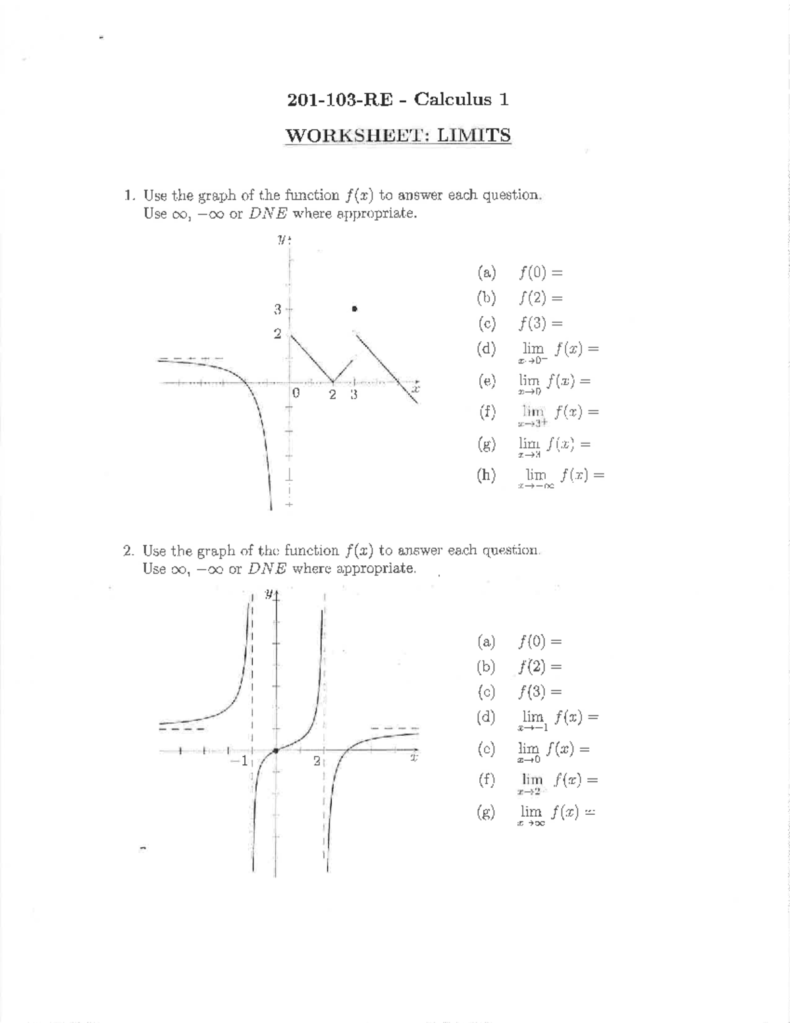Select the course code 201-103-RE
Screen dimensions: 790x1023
(x=340, y=100)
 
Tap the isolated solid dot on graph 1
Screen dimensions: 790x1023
(x=354, y=308)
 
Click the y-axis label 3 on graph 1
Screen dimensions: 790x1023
(x=277, y=309)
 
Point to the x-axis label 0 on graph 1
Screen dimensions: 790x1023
(x=296, y=394)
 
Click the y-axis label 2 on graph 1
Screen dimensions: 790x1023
(x=277, y=334)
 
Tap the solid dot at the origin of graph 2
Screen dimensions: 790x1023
(x=276, y=750)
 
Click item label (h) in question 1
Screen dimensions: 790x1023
(x=487, y=475)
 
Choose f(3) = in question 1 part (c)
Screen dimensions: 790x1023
(x=541, y=323)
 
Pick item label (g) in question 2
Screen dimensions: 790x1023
(x=487, y=812)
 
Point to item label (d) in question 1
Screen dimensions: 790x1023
(x=487, y=348)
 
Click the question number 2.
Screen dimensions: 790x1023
(x=128, y=551)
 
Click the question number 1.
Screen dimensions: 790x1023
(x=130, y=196)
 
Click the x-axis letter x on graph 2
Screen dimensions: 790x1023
(x=413, y=758)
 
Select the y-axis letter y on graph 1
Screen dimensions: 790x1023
(x=282, y=240)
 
